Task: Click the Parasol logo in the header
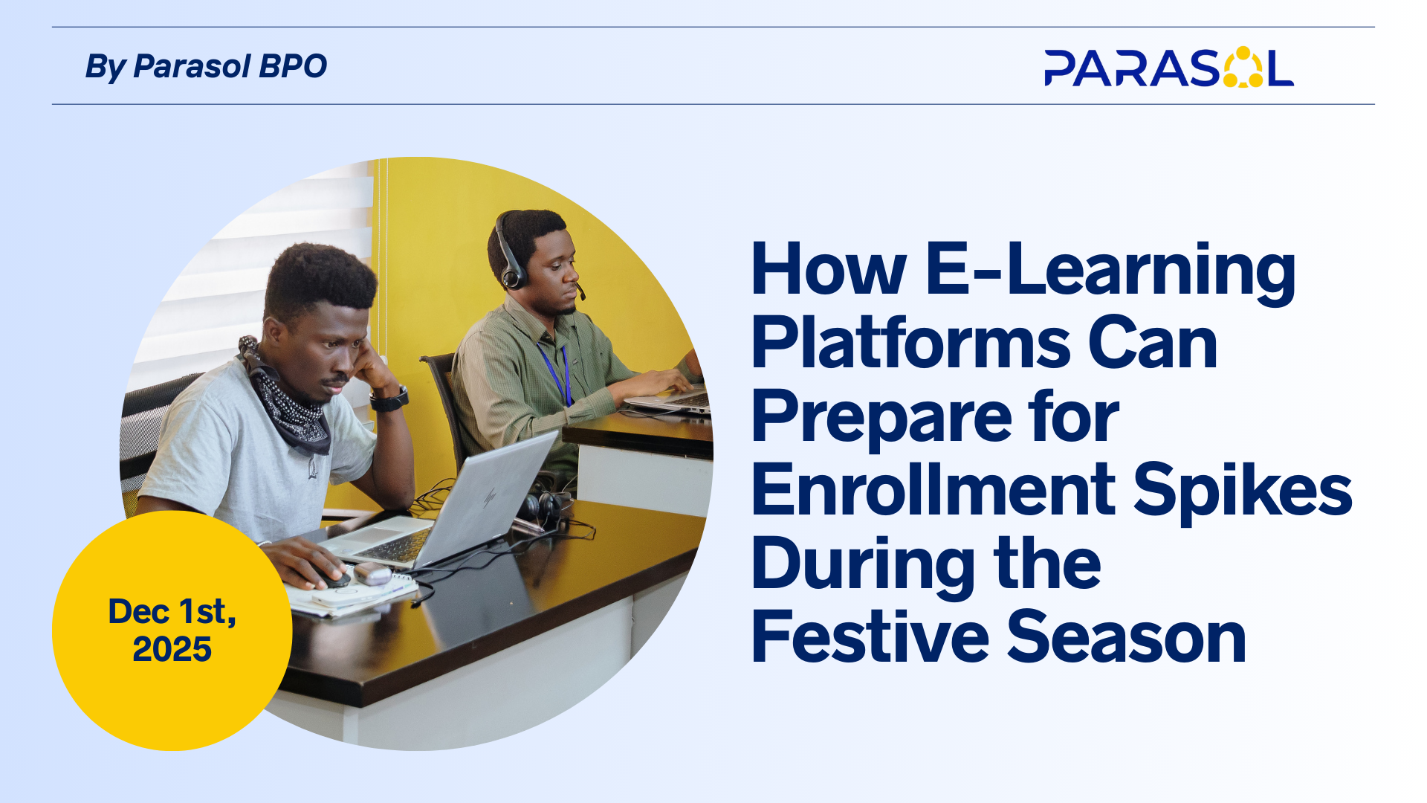point(1168,68)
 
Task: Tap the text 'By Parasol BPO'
point(206,66)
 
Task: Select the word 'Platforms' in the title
point(910,343)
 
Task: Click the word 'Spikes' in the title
point(1243,491)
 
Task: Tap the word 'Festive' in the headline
point(870,636)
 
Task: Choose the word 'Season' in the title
point(1127,636)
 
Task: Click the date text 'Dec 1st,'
point(172,612)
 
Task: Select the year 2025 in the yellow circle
point(172,649)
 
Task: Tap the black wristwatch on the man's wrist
point(389,399)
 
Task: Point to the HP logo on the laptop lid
point(490,497)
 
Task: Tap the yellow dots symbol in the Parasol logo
point(1243,67)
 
